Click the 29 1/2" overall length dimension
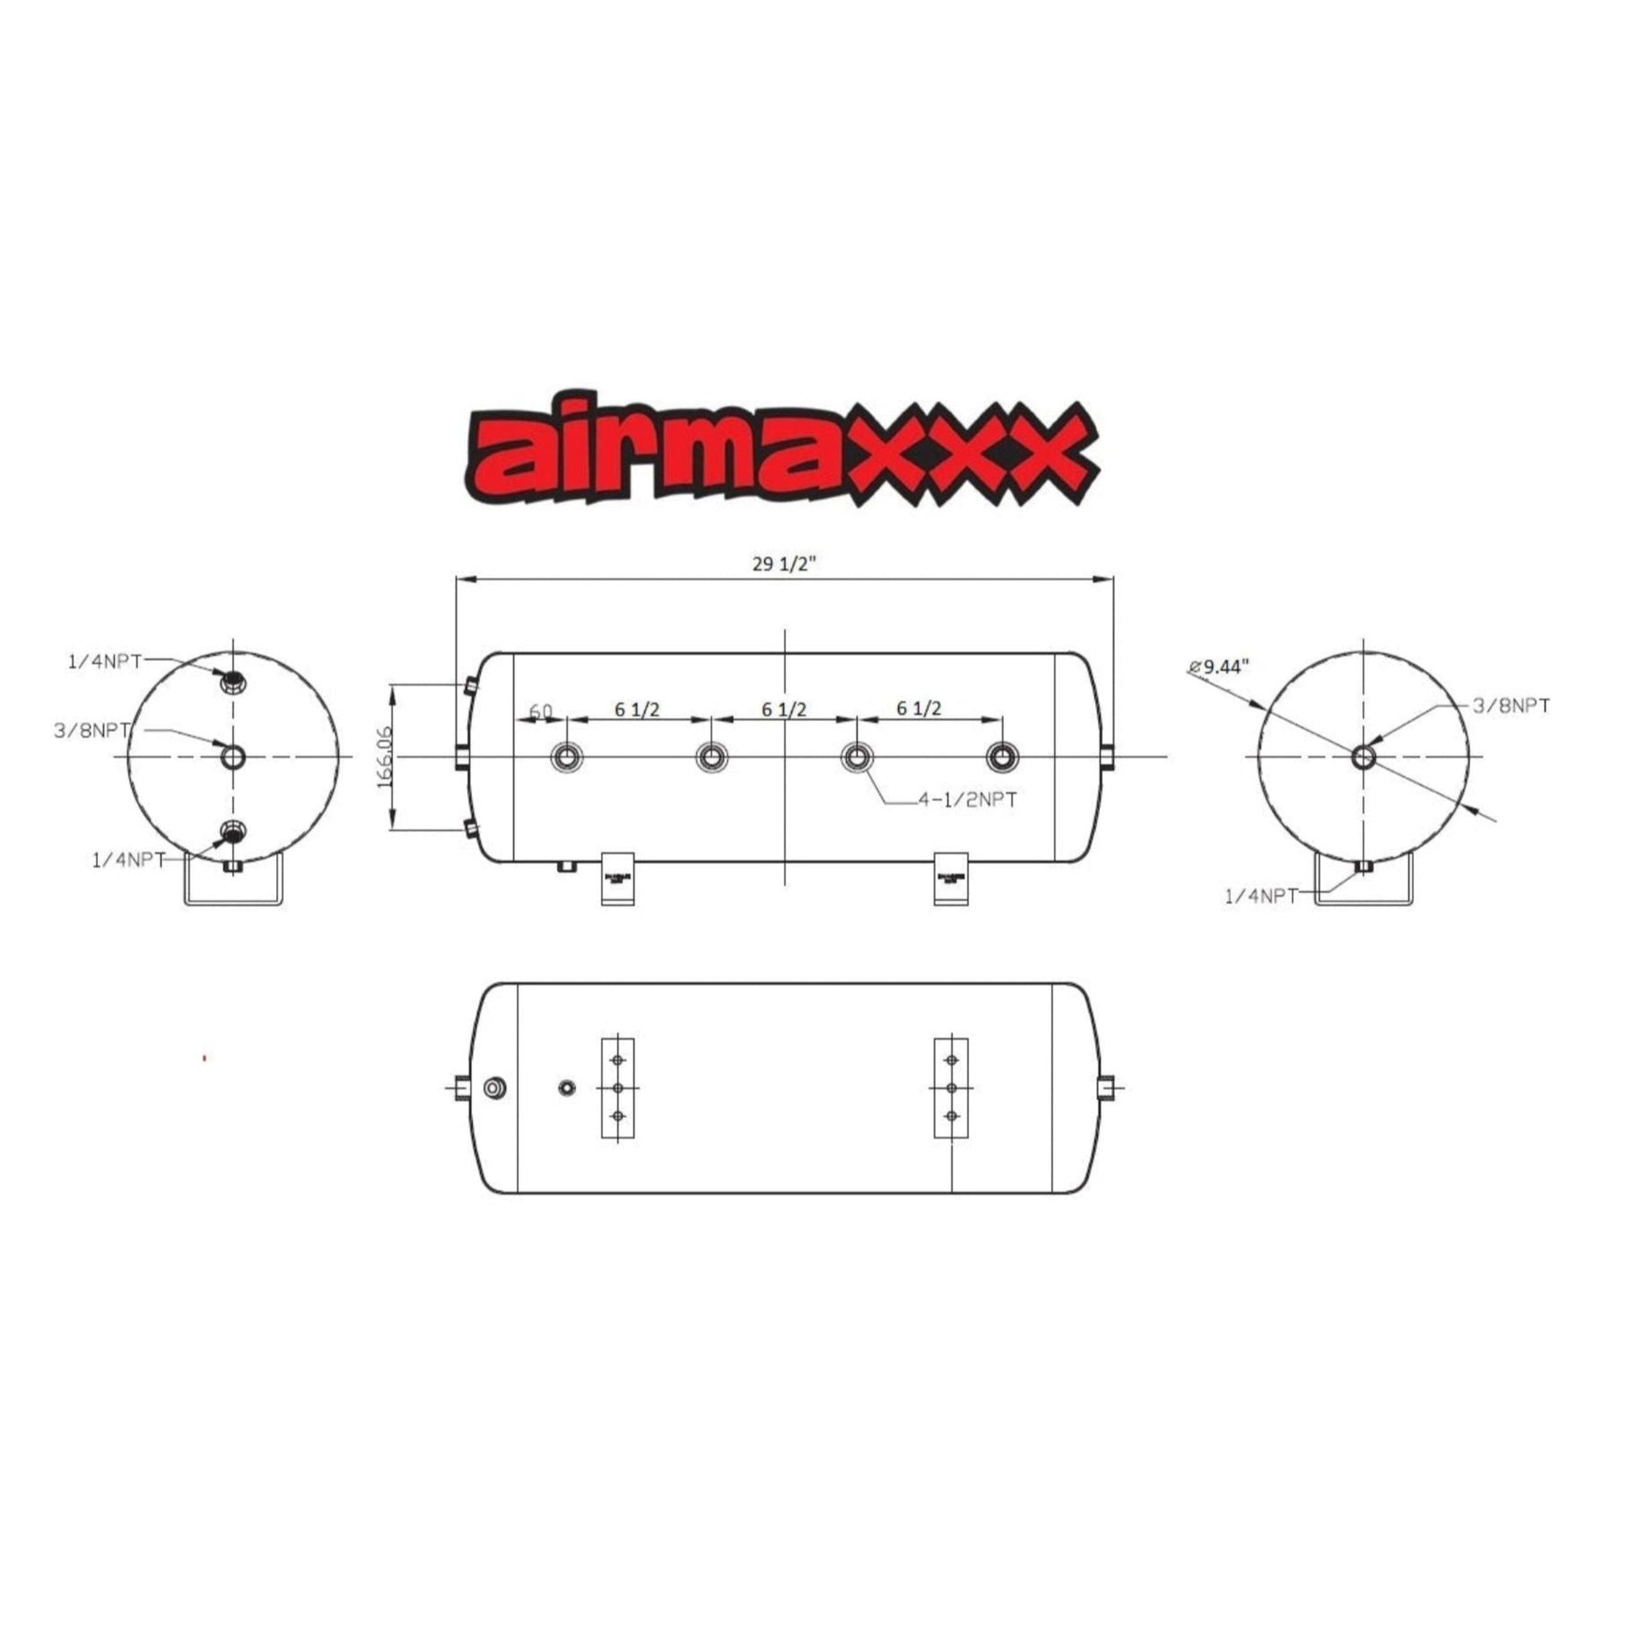point(783,564)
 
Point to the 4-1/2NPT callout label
point(967,799)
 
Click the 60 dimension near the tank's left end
point(541,710)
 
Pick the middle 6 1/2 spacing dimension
point(784,709)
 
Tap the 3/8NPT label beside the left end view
point(92,730)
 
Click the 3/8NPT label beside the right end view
point(1512,705)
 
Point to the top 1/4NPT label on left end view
point(104,662)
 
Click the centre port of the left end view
point(233,756)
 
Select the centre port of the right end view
point(1364,756)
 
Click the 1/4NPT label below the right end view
point(1261,896)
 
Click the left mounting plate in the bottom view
point(617,1088)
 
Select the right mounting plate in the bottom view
point(951,1088)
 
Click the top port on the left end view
point(231,680)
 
